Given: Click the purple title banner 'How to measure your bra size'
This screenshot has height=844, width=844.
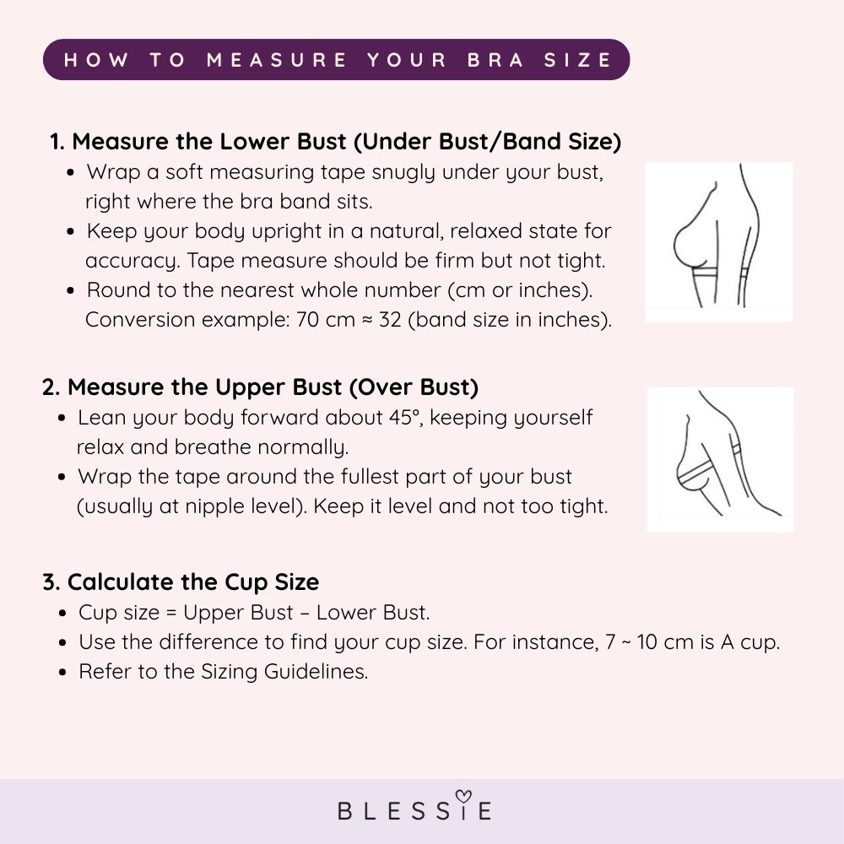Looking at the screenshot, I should point(336,60).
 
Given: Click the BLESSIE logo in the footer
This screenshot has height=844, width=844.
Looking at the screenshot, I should point(414,810).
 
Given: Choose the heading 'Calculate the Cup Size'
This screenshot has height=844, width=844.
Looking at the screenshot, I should point(181,582).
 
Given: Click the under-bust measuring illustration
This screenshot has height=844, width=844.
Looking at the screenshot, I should point(719,242).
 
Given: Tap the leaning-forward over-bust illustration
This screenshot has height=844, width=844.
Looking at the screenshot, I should point(720,460).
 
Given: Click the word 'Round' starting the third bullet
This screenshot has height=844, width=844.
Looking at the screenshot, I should point(116,290).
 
